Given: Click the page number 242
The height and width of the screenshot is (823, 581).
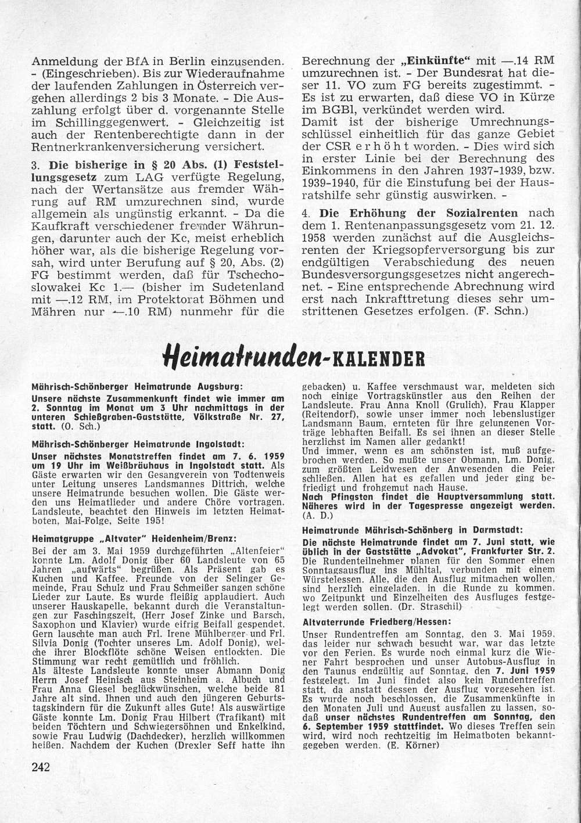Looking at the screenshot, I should point(40,766).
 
